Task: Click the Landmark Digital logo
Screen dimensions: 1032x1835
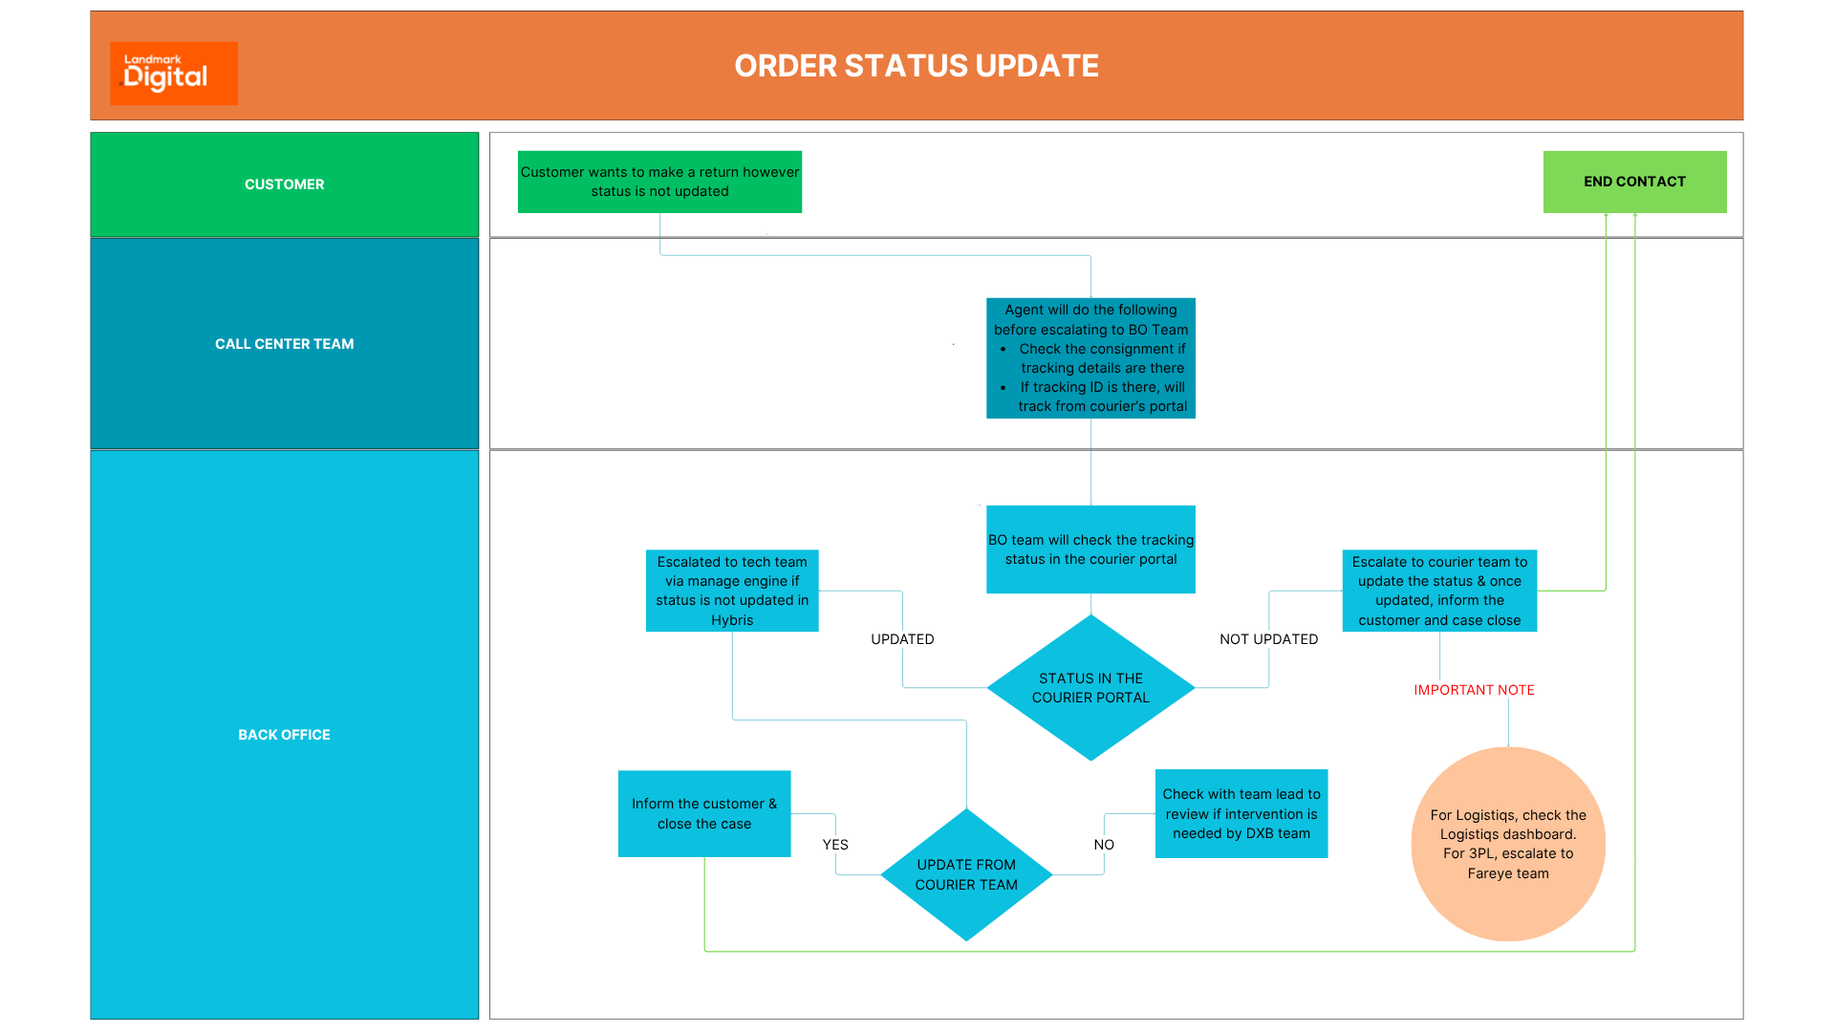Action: [x=173, y=73]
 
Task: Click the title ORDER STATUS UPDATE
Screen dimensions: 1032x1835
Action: [x=916, y=66]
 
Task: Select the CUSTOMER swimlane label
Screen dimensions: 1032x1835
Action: [x=284, y=184]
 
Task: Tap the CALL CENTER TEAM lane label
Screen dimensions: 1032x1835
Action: [x=284, y=344]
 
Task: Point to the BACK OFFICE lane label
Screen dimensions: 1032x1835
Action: [x=284, y=735]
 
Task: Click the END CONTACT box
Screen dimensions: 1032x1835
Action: [x=1634, y=182]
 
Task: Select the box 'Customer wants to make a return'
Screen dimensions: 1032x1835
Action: [x=659, y=182]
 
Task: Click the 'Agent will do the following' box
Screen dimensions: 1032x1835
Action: [x=1090, y=357]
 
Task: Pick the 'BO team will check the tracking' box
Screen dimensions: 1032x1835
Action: [x=1090, y=549]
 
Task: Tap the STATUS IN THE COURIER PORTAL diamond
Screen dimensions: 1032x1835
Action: [x=1090, y=688]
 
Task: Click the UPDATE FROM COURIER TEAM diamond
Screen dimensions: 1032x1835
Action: [x=966, y=874]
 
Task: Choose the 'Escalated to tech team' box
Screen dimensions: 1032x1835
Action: [x=732, y=591]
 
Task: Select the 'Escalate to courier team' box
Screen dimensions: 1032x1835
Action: [x=1439, y=591]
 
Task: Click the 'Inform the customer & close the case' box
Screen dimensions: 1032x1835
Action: [x=704, y=813]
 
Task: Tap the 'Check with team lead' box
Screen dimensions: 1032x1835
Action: [x=1241, y=813]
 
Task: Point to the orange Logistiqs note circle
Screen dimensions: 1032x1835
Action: [x=1508, y=844]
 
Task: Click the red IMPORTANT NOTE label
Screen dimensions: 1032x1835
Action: [x=1474, y=690]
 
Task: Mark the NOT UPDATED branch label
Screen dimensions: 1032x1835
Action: [x=1268, y=639]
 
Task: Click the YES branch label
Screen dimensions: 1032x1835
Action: [x=835, y=845]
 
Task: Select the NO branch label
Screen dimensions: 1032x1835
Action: [x=1104, y=845]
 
